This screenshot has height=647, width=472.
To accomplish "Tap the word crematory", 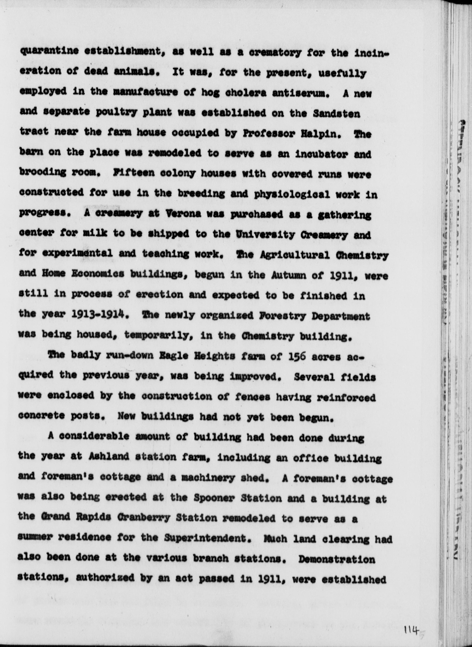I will click(x=275, y=53).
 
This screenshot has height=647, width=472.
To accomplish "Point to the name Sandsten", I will click(x=336, y=113).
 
